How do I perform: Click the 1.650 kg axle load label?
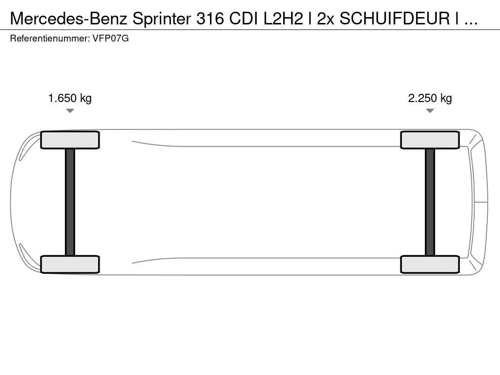point(70,98)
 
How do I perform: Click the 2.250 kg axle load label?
point(430,98)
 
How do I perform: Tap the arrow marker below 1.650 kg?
point(70,111)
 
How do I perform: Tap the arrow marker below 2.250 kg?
point(430,111)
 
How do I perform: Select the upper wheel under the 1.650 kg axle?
point(70,140)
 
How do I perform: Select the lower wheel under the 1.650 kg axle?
point(70,264)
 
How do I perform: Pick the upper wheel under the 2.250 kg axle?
point(430,140)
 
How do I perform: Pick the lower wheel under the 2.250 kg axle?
point(430,264)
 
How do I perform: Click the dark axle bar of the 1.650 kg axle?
point(70,202)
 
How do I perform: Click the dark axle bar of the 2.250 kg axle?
point(430,202)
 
